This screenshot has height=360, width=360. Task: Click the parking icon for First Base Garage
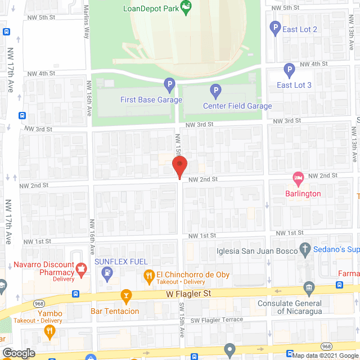169,86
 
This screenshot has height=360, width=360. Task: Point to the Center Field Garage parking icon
215,91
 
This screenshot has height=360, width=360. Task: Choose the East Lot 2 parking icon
275,27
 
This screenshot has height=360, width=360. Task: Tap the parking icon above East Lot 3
289,71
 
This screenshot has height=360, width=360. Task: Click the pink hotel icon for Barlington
298,179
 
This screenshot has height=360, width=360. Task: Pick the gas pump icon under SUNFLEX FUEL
107,274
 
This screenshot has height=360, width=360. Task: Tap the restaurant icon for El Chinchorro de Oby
149,275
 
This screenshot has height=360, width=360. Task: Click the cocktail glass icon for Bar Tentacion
127,296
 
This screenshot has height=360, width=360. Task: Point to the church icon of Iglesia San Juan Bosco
305,248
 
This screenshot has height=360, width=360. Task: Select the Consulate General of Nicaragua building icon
309,289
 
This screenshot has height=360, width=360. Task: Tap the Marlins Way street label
86,25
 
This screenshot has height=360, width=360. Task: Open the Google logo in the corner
17,353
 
